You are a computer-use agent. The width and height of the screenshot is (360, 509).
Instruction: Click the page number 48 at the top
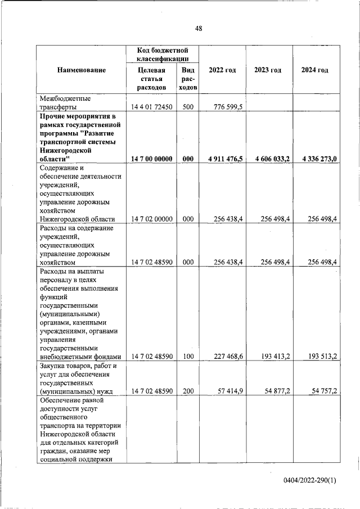pyautogui.click(x=199, y=29)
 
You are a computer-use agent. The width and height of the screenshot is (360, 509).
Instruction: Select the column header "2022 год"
pyautogui.click(x=222, y=70)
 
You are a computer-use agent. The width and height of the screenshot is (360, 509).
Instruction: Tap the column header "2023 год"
pyautogui.click(x=268, y=70)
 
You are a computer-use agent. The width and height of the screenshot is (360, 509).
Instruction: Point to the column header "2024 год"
pyautogui.click(x=314, y=70)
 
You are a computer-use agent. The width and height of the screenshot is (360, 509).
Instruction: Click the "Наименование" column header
pyautogui.click(x=81, y=70)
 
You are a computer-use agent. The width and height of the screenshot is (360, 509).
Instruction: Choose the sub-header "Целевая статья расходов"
pyautogui.click(x=152, y=79)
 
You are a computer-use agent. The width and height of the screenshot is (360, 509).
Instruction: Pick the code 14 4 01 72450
pyautogui.click(x=152, y=107)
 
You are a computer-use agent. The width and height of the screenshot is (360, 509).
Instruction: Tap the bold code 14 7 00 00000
pyautogui.click(x=152, y=159)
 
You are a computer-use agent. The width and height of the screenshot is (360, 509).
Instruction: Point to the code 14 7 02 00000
pyautogui.click(x=152, y=219)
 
